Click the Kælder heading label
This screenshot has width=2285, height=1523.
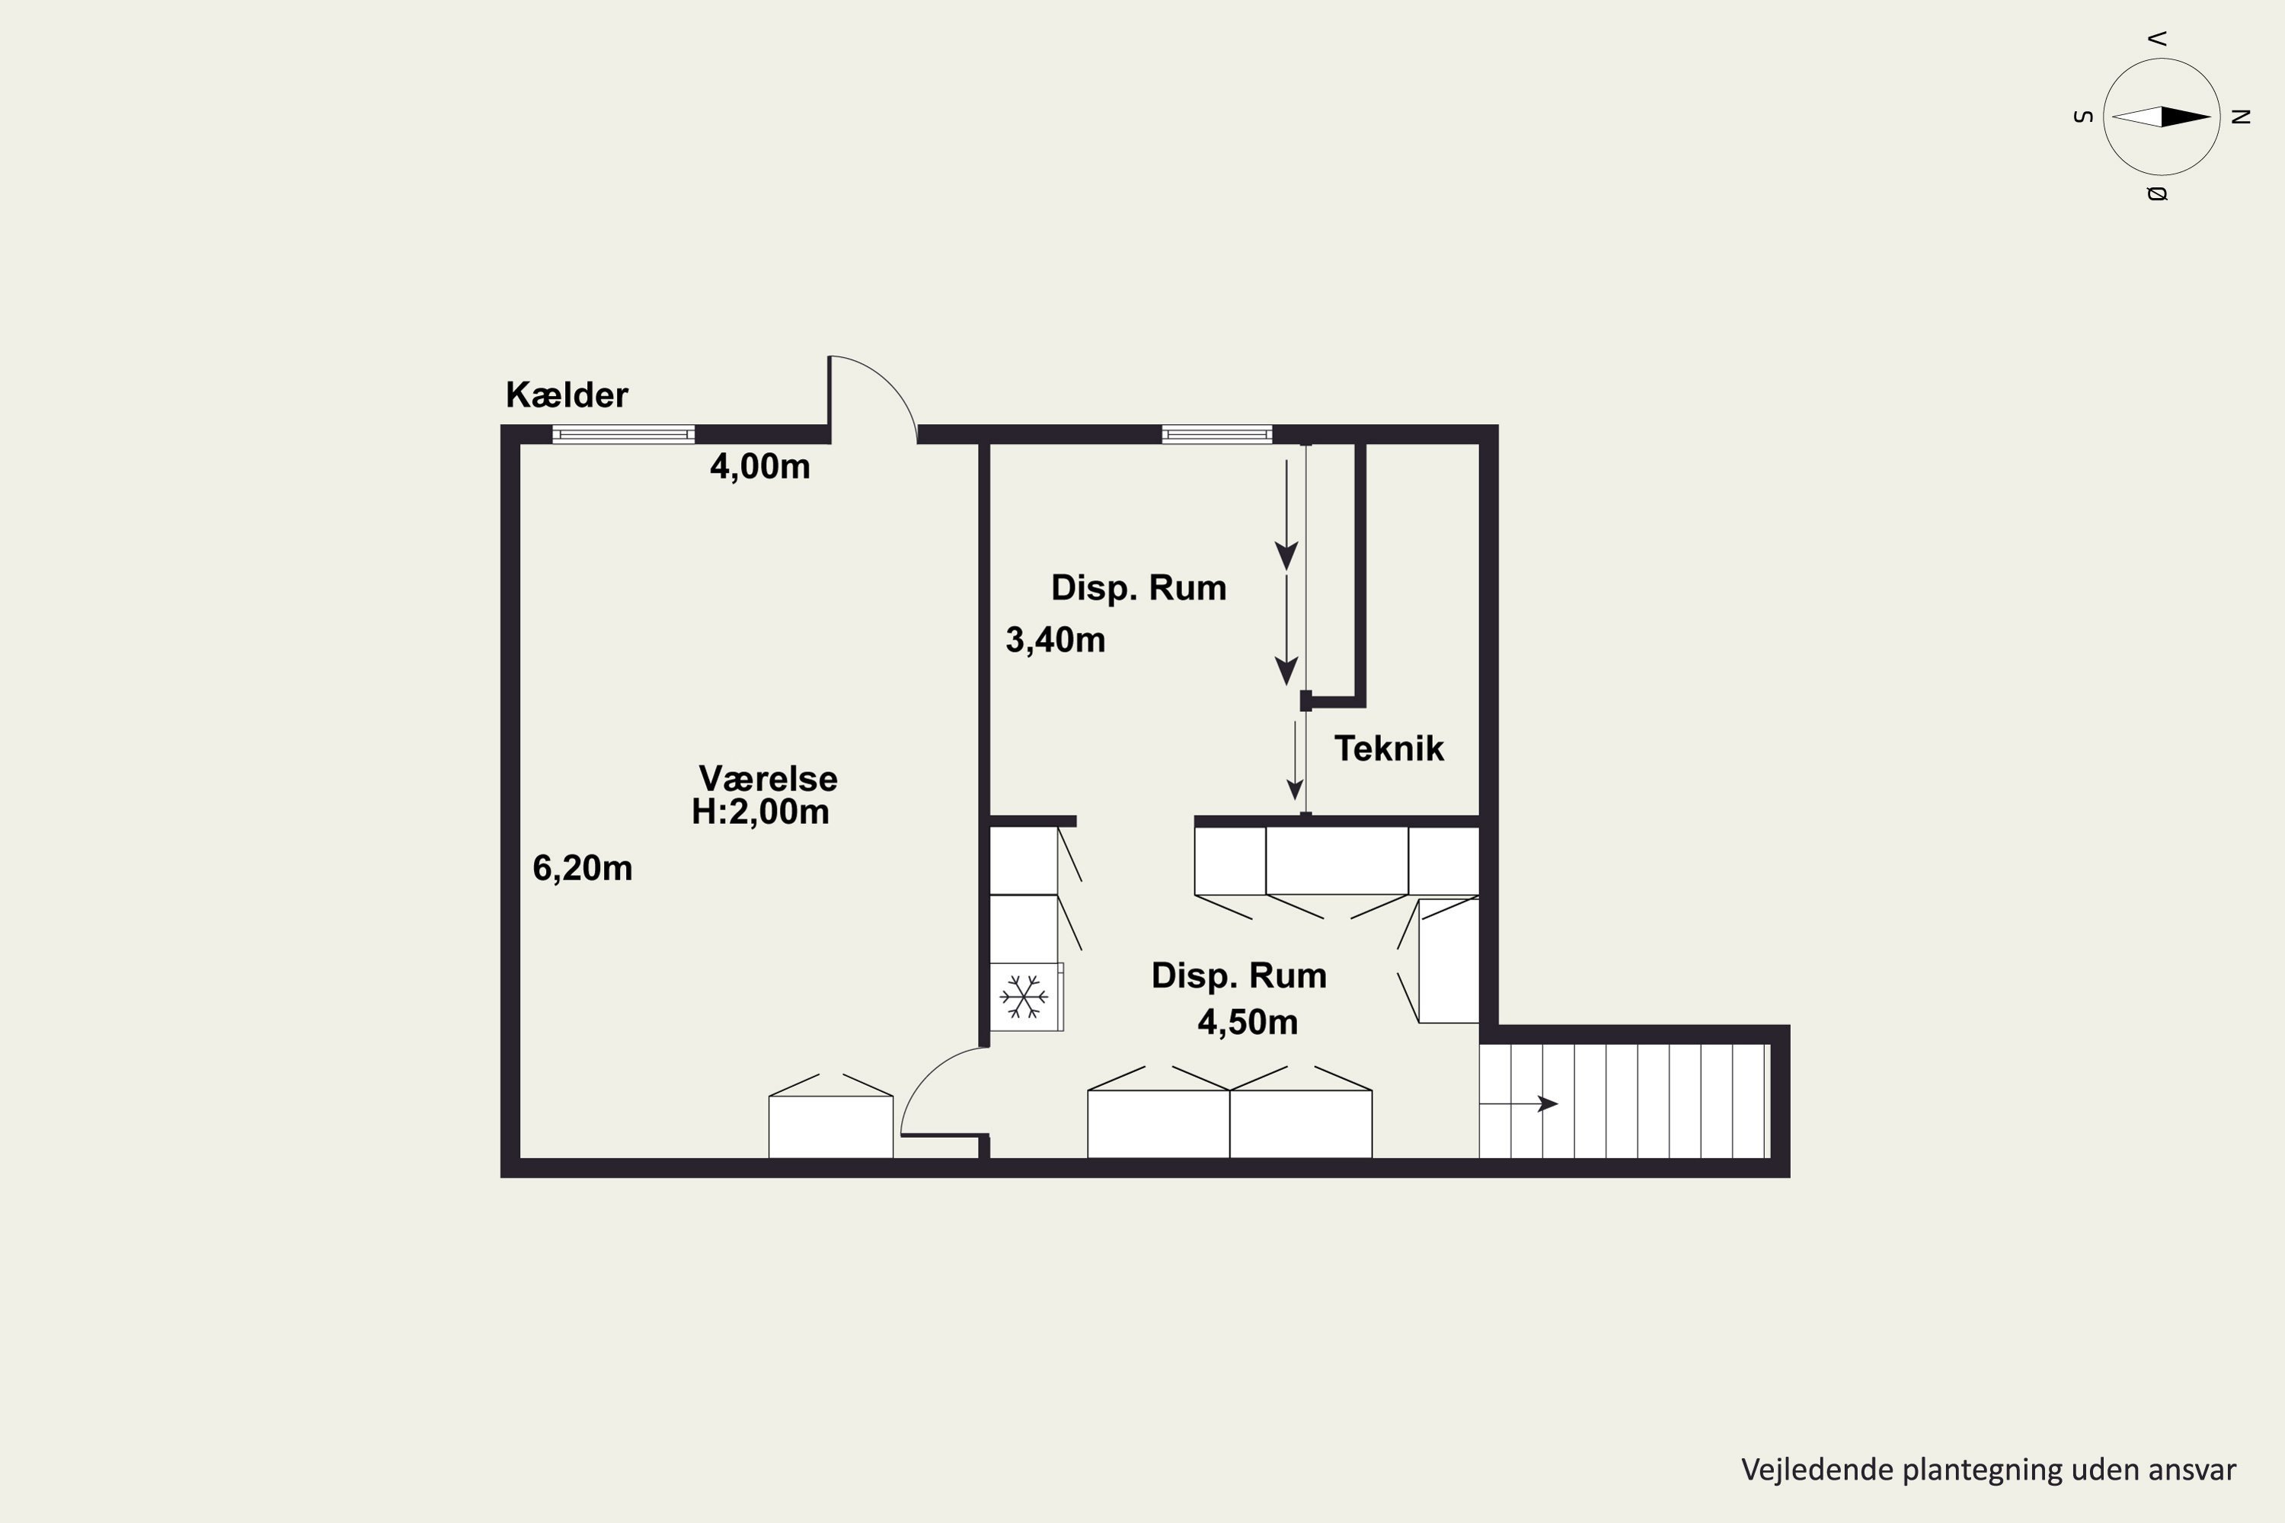[567, 395]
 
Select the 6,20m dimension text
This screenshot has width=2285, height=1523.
[582, 868]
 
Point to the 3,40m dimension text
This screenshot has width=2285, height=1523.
[1055, 640]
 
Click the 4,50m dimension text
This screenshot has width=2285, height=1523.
[1248, 1022]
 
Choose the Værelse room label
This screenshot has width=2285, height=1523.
[768, 778]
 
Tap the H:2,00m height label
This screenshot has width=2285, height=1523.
[759, 812]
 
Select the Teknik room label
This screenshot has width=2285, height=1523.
[1389, 749]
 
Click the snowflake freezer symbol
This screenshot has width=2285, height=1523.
[1024, 997]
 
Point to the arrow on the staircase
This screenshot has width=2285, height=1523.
[1519, 1103]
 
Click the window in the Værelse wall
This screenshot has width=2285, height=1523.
[624, 434]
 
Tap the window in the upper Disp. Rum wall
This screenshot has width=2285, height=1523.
[1216, 434]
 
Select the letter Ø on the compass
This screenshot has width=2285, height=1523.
[2157, 193]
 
